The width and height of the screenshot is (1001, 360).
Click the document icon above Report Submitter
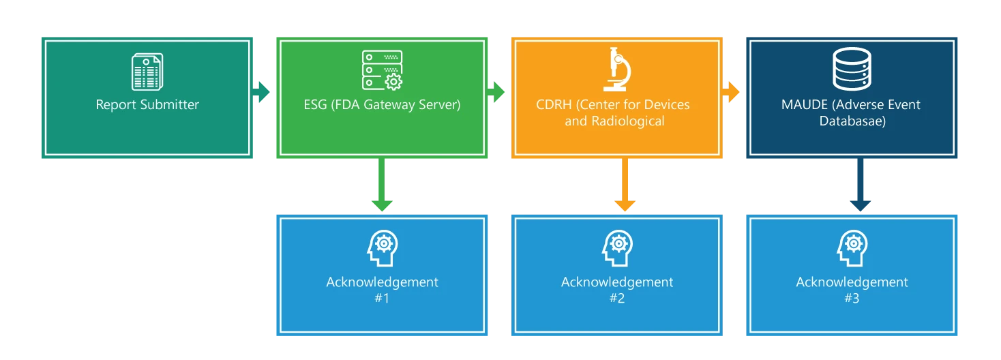click(x=147, y=72)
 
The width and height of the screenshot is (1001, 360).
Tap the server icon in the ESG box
click(x=382, y=70)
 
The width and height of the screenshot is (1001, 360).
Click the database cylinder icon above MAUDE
click(x=851, y=71)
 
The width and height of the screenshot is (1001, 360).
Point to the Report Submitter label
click(x=147, y=105)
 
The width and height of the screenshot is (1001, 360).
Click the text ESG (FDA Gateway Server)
click(x=382, y=105)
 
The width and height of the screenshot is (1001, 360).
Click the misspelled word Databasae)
click(x=851, y=121)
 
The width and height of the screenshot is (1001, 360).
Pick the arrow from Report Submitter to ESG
click(x=263, y=91)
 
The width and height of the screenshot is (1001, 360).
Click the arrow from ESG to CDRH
click(x=498, y=91)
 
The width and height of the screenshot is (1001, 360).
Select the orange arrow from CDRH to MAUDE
click(x=732, y=91)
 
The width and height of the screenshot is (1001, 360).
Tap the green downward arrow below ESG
click(x=382, y=187)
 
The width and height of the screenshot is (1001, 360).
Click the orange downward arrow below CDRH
click(x=625, y=187)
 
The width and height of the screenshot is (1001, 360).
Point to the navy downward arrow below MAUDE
click(x=860, y=187)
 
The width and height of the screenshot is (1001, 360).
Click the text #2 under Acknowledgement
click(x=616, y=298)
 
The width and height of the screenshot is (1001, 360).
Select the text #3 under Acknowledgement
click(x=851, y=298)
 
